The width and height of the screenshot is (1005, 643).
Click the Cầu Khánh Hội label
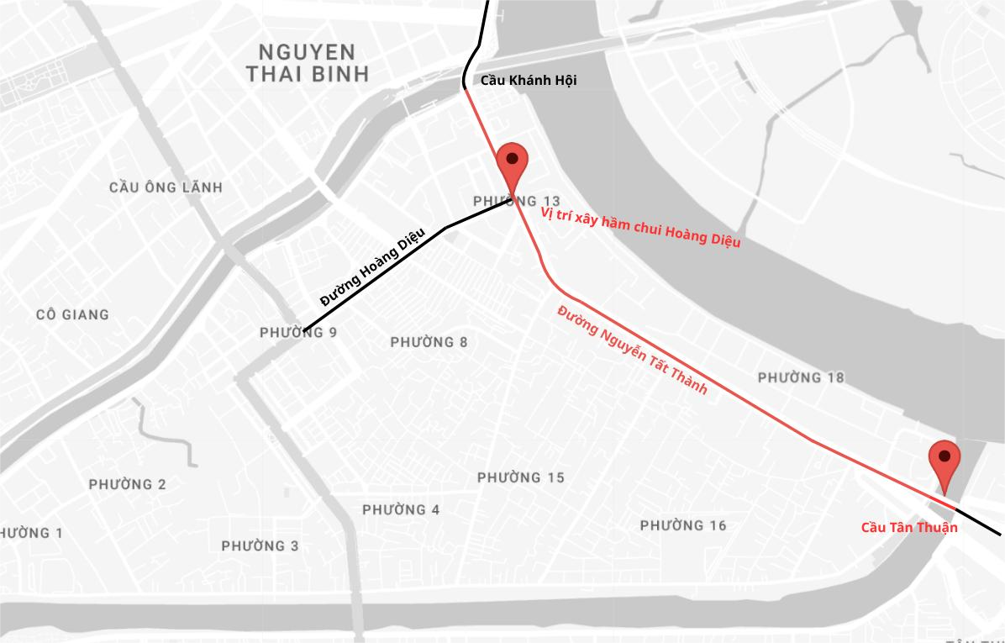[x=528, y=81]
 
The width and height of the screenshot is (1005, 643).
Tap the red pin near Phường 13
[x=512, y=164]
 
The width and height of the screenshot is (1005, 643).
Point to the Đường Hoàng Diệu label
[x=372, y=267]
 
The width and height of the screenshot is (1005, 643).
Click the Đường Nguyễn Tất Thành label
[x=632, y=350]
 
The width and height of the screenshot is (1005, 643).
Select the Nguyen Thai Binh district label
[x=308, y=63]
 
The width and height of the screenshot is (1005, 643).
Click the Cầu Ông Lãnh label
[x=166, y=187]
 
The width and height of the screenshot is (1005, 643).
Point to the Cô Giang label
[x=72, y=315]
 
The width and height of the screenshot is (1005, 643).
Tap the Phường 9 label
[x=298, y=333]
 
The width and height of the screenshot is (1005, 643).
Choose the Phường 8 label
[x=429, y=342]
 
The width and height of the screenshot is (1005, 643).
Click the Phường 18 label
[x=801, y=377]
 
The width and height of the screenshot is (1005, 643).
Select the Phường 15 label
[x=521, y=477]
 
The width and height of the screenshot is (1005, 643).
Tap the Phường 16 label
[x=683, y=525]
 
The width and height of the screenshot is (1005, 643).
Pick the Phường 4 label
[x=401, y=509]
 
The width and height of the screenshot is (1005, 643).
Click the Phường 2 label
[x=127, y=484]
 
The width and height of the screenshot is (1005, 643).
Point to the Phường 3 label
[x=260, y=546]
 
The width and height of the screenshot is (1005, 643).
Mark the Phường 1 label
[x=30, y=533]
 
